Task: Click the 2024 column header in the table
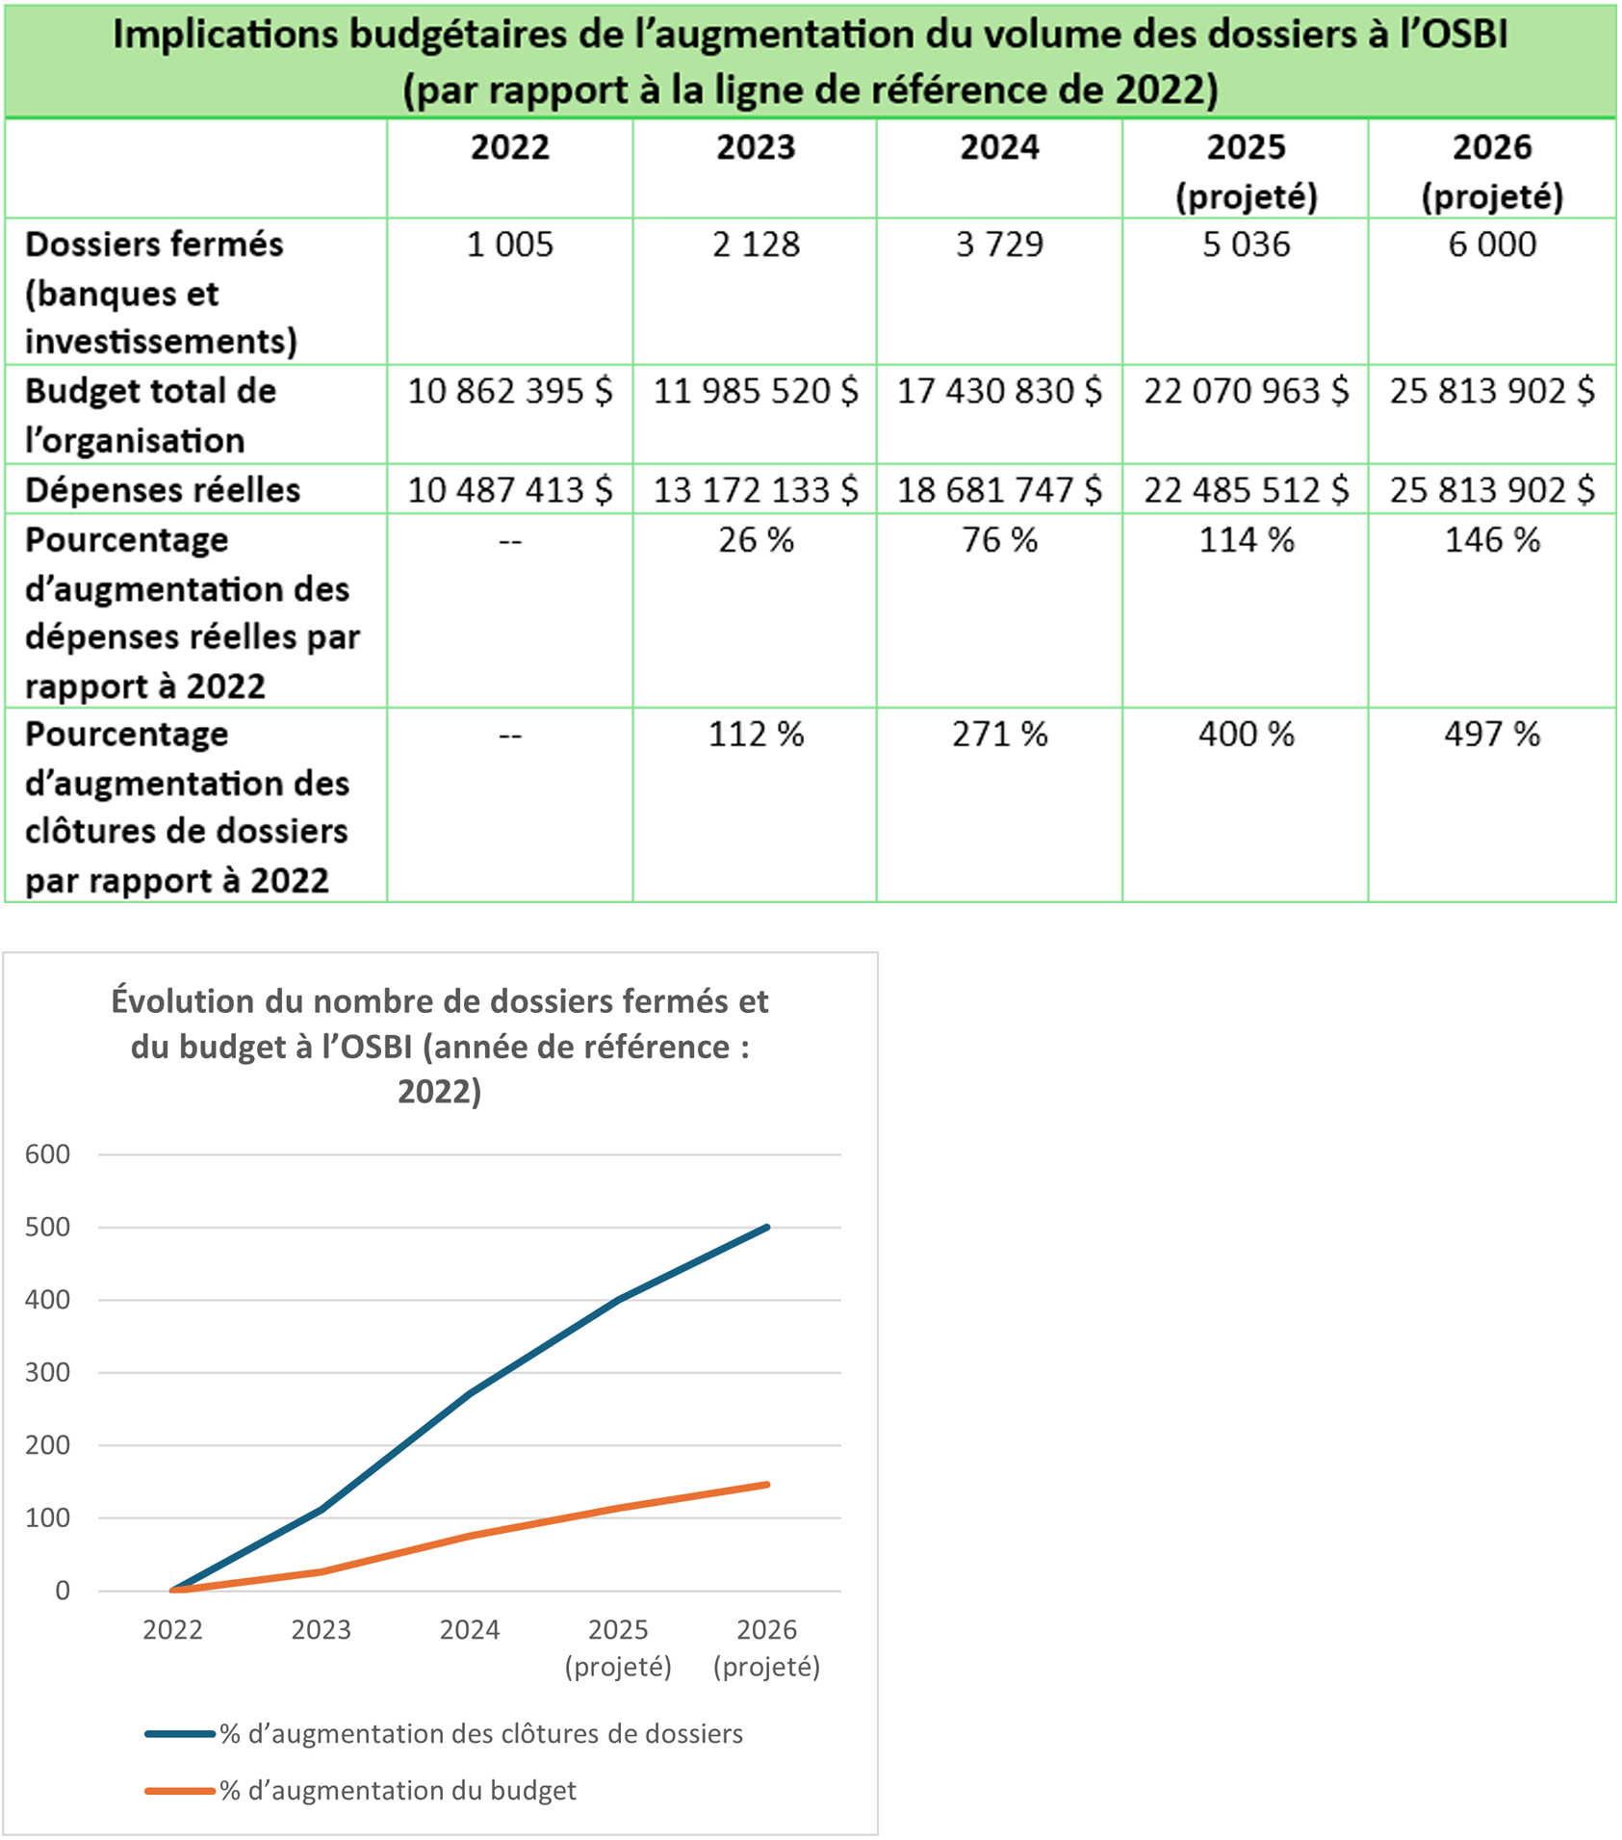(x=999, y=148)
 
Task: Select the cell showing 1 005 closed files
(x=509, y=246)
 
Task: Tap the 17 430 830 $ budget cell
(x=999, y=392)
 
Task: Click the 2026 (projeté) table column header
(x=1491, y=171)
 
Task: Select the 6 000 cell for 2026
(x=1491, y=246)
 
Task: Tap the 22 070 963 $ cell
(x=1246, y=392)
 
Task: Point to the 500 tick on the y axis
(x=48, y=1228)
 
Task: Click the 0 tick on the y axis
(x=63, y=1592)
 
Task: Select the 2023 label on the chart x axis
(x=321, y=1630)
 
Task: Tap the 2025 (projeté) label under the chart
(x=618, y=1647)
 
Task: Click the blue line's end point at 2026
(x=767, y=1228)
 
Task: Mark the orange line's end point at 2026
(x=767, y=1485)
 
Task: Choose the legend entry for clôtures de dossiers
(x=480, y=1734)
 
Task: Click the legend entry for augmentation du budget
(x=397, y=1791)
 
